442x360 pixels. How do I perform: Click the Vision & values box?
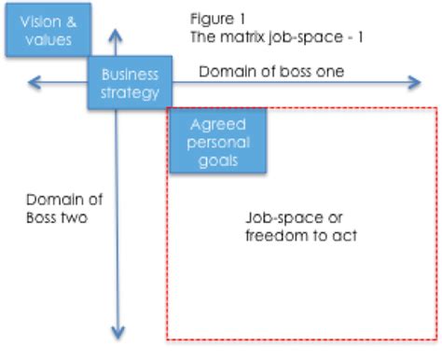[47, 29]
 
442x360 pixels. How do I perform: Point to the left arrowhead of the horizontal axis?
[33, 84]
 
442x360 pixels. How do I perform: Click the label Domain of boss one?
[271, 72]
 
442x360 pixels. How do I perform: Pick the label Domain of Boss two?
[63, 208]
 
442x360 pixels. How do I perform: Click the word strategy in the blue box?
[131, 92]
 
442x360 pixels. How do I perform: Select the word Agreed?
[217, 124]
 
